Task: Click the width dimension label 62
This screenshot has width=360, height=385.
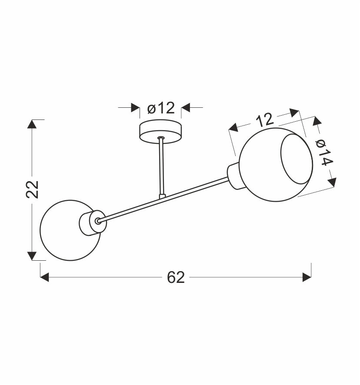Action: click(x=176, y=277)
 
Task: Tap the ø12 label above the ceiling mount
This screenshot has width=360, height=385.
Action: click(x=160, y=108)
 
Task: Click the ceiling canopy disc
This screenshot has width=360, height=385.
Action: click(x=160, y=132)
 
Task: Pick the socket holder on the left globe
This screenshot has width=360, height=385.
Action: click(x=89, y=223)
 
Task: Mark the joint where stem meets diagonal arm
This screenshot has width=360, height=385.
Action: click(x=162, y=196)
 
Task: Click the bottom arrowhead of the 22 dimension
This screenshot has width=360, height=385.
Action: click(x=32, y=256)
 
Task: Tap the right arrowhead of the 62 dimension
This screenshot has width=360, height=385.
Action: click(x=307, y=277)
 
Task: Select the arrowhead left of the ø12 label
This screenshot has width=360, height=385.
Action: click(x=135, y=108)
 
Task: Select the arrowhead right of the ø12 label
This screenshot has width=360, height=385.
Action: click(x=186, y=108)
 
